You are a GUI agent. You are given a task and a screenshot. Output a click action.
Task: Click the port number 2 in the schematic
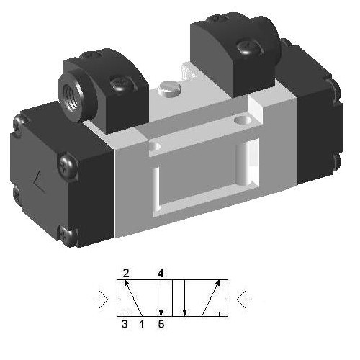coord(125,273)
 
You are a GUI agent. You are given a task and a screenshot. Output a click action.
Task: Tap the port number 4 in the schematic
coord(161,273)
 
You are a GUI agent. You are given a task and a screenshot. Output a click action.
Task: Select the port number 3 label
coord(125,324)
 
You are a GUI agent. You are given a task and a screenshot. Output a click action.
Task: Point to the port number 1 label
coord(141,324)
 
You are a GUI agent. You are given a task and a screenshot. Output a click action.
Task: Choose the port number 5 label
coord(161,324)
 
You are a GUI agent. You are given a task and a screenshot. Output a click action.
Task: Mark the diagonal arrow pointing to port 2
coord(132,297)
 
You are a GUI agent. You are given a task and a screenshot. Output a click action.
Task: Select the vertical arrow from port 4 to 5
coord(161,297)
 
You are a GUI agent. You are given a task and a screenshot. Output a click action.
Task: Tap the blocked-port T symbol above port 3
coord(125,312)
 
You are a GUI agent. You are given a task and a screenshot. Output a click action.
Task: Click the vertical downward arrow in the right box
coord(185,297)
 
